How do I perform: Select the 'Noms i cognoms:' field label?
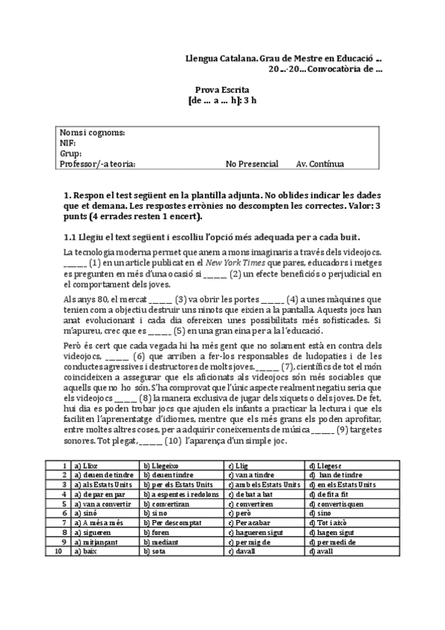pos(92,133)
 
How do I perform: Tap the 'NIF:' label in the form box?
pos(68,143)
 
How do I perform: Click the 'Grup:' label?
pos(71,154)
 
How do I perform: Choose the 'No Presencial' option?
pos(252,164)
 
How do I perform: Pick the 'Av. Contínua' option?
pos(319,164)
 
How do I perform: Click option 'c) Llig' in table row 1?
pos(238,464)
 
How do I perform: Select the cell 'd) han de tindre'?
pos(335,474)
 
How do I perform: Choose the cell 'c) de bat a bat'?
pos(253,493)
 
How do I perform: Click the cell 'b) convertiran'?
pos(166,503)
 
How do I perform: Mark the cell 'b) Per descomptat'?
pos(172,522)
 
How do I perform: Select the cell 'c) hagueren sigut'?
pos(256,532)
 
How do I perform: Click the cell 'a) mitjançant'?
pos(94,542)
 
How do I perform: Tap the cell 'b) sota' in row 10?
pos(154,551)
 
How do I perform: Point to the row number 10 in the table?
pos(58,551)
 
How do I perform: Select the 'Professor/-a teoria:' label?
pos(97,164)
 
